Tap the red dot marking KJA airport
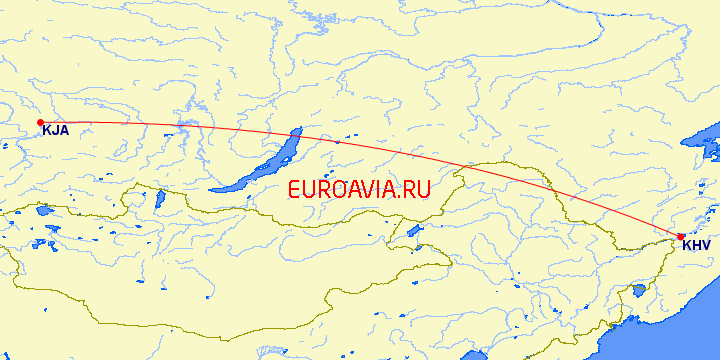(40, 122)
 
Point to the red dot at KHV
(681, 237)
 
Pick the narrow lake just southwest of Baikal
(160, 199)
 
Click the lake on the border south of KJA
(43, 211)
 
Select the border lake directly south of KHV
(638, 292)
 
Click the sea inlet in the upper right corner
(706, 140)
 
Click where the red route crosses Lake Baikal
(291, 136)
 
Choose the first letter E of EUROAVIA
(294, 189)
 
